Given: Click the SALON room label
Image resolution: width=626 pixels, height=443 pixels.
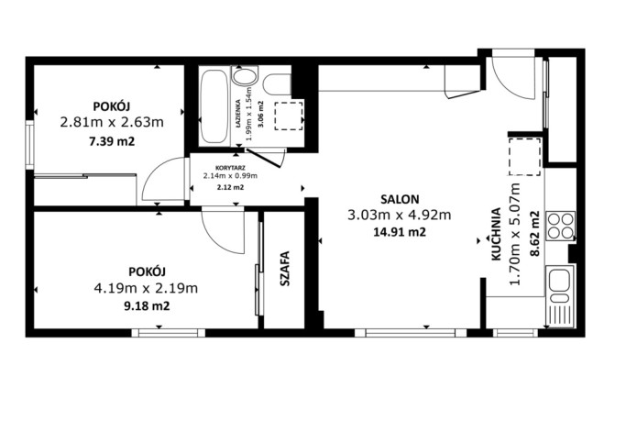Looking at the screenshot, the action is [x=400, y=199].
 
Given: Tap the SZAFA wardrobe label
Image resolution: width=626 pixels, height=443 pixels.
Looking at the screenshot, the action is [x=285, y=269].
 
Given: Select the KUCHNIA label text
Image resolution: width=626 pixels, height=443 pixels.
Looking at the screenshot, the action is [x=496, y=234].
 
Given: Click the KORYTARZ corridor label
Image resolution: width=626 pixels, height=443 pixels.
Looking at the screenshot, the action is [x=230, y=168].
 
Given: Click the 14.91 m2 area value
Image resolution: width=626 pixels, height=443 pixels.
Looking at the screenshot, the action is [x=400, y=232].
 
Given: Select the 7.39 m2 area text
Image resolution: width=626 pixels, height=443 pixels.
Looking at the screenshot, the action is [x=112, y=141].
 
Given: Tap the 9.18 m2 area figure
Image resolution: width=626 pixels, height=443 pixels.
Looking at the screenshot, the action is [x=147, y=306].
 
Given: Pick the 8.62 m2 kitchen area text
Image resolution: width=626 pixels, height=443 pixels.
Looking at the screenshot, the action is [x=535, y=234].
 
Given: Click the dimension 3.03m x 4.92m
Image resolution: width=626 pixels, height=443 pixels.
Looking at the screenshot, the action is [x=400, y=216].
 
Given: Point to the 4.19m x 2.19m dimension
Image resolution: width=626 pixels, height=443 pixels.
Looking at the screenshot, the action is [x=146, y=288].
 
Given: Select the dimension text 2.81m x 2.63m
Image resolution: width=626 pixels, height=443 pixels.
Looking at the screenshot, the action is [x=112, y=122].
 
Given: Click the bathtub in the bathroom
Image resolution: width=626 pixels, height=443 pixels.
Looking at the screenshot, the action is [x=214, y=106].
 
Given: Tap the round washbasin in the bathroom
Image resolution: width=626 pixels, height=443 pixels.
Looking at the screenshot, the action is [x=245, y=76].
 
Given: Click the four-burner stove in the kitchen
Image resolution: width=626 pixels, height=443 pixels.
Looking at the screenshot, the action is [x=561, y=226].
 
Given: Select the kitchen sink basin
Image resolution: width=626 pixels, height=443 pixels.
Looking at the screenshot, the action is [x=559, y=279].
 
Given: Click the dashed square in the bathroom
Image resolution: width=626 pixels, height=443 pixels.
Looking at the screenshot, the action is [x=289, y=116].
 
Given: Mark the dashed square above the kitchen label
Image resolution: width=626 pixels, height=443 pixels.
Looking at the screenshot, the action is [x=524, y=157].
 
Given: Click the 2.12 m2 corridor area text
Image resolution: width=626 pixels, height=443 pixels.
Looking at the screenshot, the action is [x=230, y=187].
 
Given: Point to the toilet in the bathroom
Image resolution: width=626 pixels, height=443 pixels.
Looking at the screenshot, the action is [x=277, y=84].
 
